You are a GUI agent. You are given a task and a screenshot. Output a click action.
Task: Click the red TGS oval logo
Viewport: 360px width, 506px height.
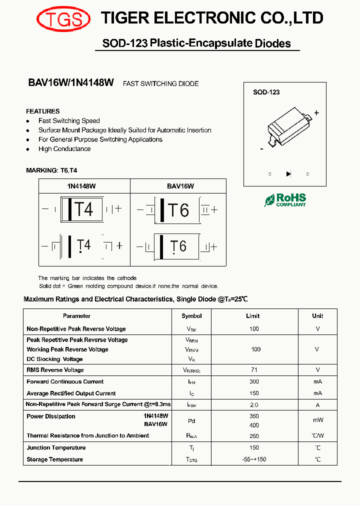tap(63, 19)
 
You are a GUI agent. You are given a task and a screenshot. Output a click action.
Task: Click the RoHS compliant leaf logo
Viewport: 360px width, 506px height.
tap(285, 200)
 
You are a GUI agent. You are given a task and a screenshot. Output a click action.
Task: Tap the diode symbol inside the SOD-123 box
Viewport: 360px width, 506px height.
tap(288, 174)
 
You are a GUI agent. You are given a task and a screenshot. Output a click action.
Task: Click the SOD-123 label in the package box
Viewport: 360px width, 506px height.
tap(266, 92)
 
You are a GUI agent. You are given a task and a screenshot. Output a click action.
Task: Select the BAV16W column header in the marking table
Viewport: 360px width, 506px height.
tap(180, 186)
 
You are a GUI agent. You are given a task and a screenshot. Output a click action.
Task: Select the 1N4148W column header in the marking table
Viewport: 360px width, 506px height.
tap(81, 186)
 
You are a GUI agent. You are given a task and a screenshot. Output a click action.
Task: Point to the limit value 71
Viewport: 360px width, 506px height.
tap(254, 370)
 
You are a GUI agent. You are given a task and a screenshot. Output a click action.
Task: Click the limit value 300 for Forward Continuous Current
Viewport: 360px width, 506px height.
tap(254, 382)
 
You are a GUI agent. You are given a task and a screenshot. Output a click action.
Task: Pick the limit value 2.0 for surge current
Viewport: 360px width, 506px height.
tap(254, 404)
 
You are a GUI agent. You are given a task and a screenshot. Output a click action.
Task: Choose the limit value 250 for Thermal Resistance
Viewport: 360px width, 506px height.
tap(254, 436)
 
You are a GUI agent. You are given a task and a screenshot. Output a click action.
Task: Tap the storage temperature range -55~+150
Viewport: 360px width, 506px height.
tap(254, 459)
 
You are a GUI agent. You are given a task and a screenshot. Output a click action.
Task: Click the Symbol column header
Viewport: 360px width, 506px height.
tap(191, 316)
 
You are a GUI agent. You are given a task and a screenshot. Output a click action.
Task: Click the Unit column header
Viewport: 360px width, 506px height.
tap(317, 316)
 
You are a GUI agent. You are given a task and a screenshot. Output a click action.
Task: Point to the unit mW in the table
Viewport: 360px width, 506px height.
tap(317, 420)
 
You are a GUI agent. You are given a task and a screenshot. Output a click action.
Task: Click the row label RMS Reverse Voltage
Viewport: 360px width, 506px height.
tap(55, 370)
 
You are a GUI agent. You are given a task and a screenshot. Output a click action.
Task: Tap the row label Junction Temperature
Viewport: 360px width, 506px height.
tap(56, 448)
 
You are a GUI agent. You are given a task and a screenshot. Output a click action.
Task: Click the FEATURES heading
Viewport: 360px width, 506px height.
tap(43, 111)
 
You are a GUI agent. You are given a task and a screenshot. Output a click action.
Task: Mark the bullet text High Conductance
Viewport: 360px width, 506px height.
tap(64, 149)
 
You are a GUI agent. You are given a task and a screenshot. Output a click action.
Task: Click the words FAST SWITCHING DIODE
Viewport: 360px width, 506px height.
tap(160, 84)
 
